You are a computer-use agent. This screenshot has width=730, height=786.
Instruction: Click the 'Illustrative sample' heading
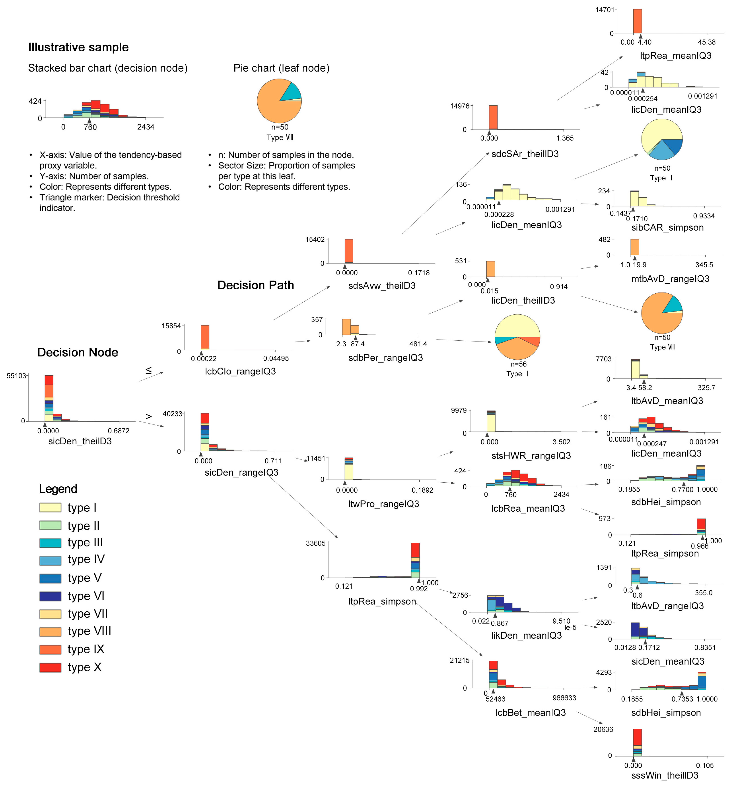tap(78, 47)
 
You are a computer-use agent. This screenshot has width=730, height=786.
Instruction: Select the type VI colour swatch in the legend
tap(50, 596)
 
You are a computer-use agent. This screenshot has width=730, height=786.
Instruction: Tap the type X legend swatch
tap(50, 667)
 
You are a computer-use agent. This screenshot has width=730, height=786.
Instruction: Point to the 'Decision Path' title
tap(256, 285)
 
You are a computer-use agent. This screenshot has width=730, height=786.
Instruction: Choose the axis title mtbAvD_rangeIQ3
tap(670, 279)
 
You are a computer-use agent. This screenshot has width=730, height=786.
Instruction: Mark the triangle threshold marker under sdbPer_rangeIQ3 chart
tap(356, 338)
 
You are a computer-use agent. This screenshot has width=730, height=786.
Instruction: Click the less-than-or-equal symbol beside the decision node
tap(149, 370)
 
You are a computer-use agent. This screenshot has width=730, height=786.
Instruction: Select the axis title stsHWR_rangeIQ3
tap(531, 456)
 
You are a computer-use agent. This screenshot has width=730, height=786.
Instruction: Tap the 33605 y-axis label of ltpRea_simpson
tap(316, 543)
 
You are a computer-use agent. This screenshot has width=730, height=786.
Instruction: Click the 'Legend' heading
tap(58, 489)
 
